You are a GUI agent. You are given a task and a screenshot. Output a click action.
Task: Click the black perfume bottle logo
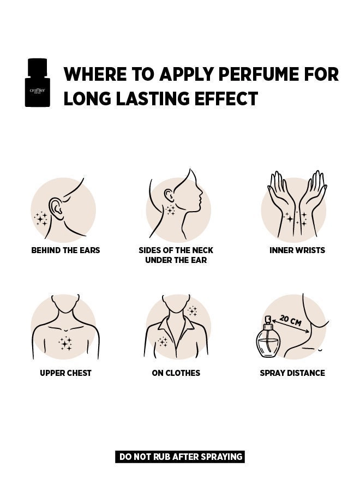pos(37,83)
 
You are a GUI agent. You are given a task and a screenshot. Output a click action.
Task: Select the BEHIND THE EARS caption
pos(65,250)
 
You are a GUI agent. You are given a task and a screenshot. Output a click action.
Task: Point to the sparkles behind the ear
pos(41,218)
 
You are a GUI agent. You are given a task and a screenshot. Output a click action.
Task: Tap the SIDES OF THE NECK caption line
pos(176,250)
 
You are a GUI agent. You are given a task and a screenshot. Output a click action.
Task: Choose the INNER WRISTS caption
pos(297,250)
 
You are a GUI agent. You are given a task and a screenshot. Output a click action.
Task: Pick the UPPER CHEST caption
pos(65,373)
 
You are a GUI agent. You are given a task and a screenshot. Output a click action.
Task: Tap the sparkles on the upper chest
pos(65,343)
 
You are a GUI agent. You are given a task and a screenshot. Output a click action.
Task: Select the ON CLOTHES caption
pos(176,373)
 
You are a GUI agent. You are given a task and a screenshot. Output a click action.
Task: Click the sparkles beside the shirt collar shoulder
pos(192,311)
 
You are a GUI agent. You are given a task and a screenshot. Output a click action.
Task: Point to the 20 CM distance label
pos(291,320)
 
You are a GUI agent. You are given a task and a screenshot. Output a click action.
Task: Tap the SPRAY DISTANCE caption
pos(292,373)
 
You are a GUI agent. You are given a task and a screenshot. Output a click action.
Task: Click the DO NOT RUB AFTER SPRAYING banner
pos(179,457)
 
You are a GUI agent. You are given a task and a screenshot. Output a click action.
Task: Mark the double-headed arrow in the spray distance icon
pos(291,326)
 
